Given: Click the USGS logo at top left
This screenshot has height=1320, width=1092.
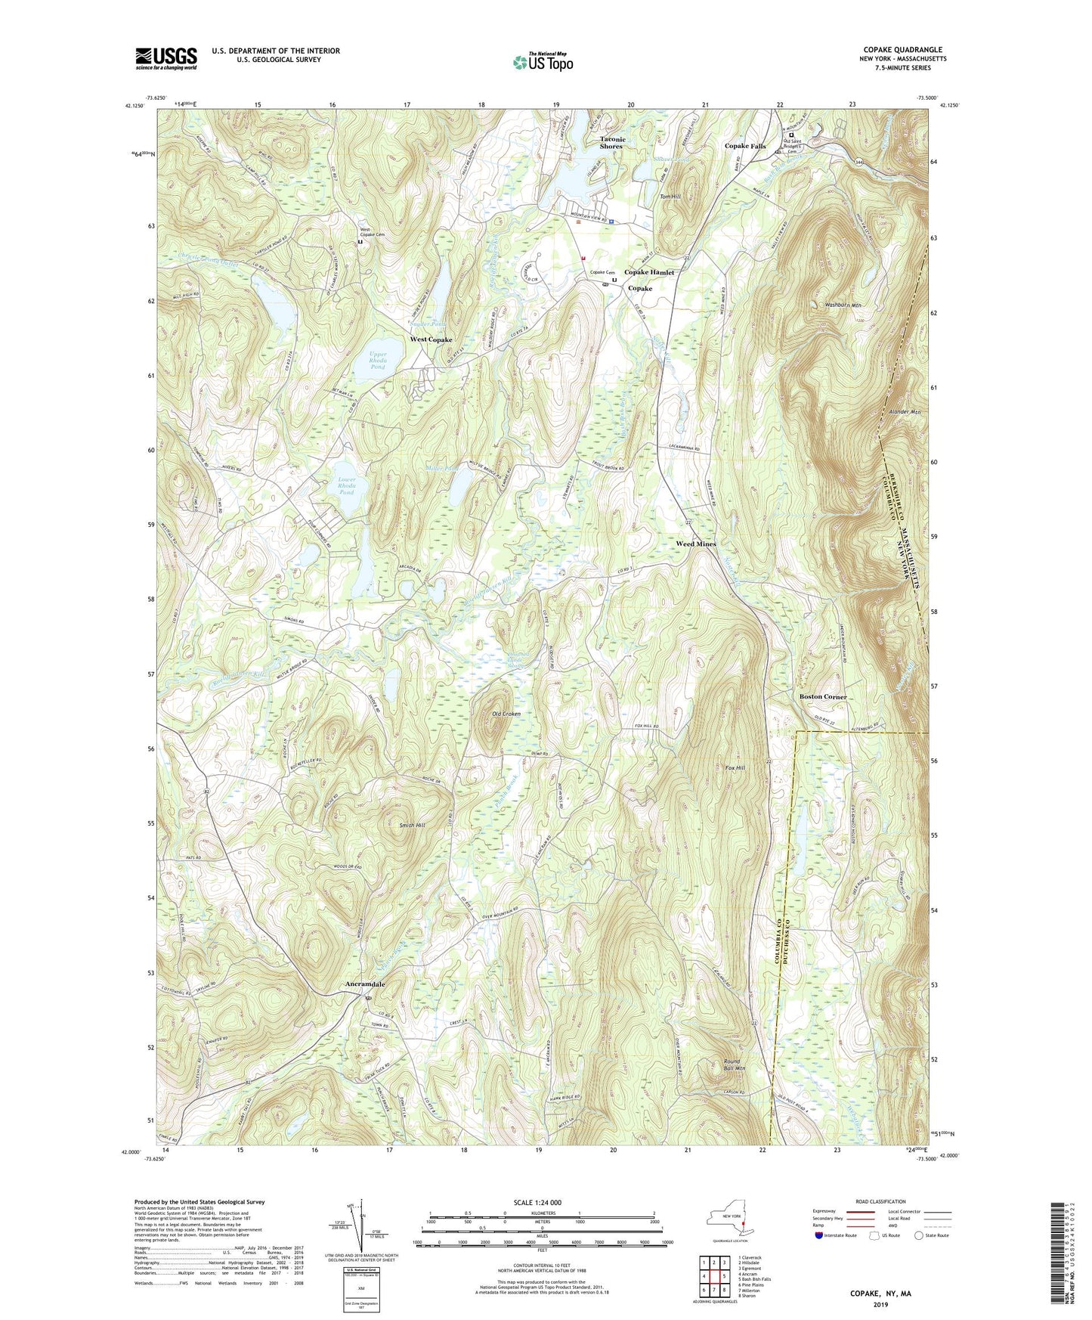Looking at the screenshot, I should [166, 58].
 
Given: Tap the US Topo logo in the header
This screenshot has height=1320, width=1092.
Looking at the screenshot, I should [542, 62].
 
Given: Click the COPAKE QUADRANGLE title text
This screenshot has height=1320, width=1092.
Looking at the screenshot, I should [902, 50].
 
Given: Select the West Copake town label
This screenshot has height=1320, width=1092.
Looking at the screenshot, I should [431, 339].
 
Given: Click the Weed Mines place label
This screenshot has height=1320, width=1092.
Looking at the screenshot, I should [695, 544].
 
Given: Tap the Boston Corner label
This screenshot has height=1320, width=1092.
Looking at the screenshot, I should [823, 696].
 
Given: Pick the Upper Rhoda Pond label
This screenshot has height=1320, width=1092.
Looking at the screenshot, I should [378, 365].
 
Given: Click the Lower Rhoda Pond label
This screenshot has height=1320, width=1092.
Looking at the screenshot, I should [345, 485].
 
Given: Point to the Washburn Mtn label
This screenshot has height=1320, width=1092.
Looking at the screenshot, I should [843, 305].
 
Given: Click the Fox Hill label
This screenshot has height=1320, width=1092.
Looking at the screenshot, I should [735, 767].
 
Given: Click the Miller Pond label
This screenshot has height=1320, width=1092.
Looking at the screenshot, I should [442, 469].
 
